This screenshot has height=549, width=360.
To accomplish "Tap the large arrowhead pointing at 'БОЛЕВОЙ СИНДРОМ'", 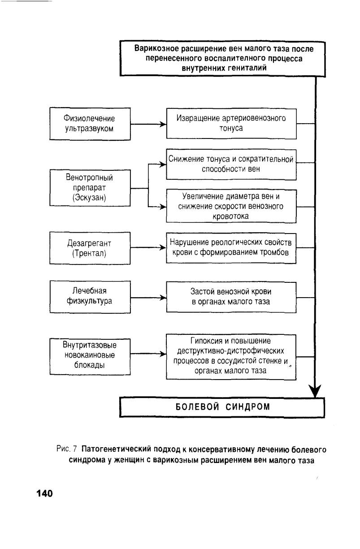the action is tap(315, 391).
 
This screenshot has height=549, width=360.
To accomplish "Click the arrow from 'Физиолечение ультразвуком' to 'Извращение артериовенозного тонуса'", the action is tap(148, 124).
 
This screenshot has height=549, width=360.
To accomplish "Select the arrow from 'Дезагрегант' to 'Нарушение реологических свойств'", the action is tap(148, 247).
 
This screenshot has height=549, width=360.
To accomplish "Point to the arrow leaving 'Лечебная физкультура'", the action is tap(148, 298).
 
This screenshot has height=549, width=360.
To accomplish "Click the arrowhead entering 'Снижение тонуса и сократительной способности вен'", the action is tap(163, 164).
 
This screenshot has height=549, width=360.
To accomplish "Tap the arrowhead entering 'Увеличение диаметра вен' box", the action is tap(163, 207).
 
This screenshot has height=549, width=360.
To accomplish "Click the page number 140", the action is tap(45, 493).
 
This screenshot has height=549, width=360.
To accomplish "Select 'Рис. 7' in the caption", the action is tap(67, 449).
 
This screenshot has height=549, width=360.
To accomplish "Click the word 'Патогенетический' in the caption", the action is tap(116, 449).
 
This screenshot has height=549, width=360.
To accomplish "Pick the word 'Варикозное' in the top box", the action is tap(156, 48).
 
